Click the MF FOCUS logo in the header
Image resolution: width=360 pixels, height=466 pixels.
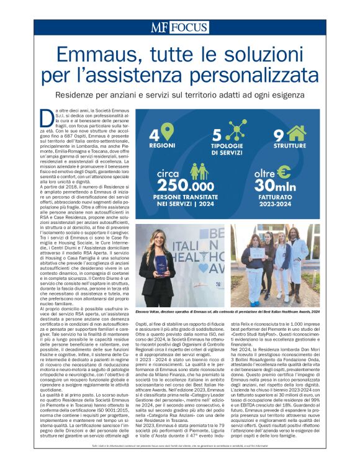pyautogui.click(x=179, y=27)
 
